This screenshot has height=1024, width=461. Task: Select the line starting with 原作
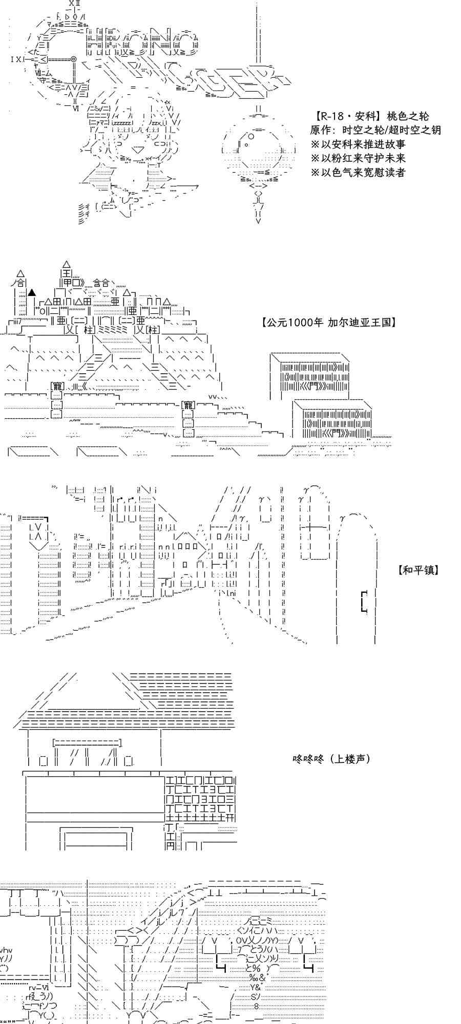pos(375,130)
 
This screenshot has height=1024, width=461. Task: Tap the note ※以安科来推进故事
pos(358,144)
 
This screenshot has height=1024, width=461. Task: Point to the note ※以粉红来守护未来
pos(358,158)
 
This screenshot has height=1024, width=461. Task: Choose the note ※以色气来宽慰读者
pos(358,172)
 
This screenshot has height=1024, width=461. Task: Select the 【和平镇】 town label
pos(418,570)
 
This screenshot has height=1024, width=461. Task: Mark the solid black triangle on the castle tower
pos(32,292)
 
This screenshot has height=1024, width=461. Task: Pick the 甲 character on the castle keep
pos(68,283)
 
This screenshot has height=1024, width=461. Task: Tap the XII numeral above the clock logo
pos(74,3)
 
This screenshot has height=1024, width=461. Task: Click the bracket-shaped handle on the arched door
pos(364,601)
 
